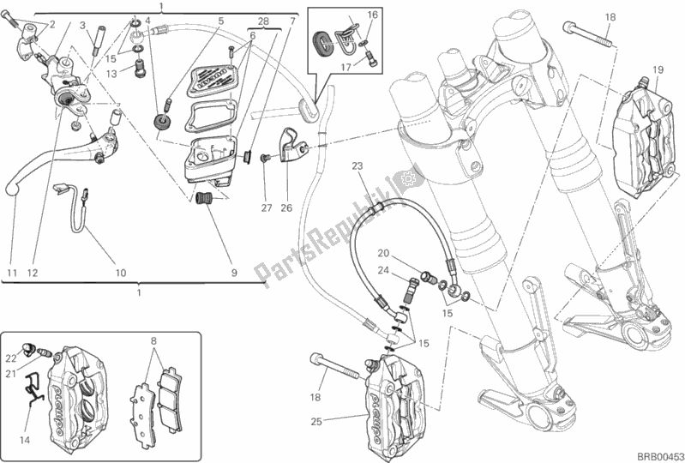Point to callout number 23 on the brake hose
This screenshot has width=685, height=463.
click(x=358, y=165)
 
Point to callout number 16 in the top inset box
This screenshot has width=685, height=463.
click(x=373, y=15)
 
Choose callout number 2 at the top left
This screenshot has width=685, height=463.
click(x=51, y=24)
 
